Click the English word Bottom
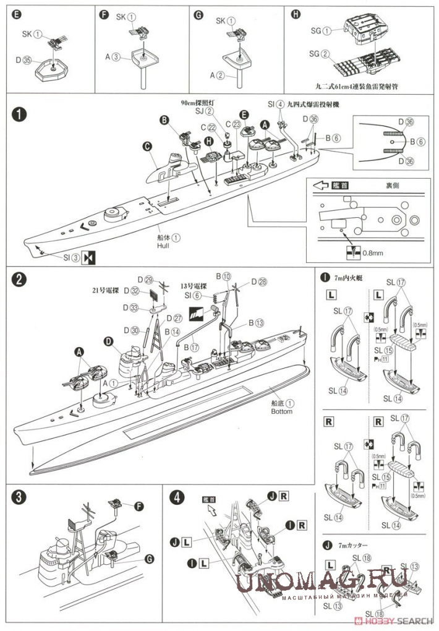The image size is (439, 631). pos(281,411)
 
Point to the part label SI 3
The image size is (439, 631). pos(71,257)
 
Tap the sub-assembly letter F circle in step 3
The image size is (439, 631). pos(138,506)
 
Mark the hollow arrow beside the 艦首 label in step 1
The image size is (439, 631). pos(318,185)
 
